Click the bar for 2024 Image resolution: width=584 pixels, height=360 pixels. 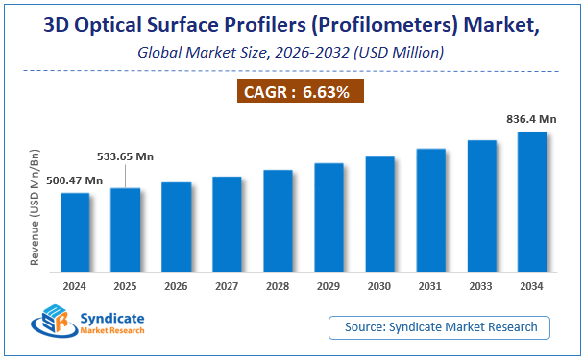pos(75,233)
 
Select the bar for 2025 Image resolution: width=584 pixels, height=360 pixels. pos(126,230)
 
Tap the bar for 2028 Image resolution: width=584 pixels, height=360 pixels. pos(278,222)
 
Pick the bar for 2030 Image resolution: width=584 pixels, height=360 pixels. pos(379,215)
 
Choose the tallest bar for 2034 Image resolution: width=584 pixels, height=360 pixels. pos(532,203)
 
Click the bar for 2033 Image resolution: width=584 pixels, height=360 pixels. pos(481,206)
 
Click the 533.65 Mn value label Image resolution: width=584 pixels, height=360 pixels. pos(126,156)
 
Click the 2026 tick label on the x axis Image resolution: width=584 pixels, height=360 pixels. pos(176,286)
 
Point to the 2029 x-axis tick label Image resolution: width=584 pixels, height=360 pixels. pos(328,286)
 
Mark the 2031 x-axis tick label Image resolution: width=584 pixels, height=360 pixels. pos(430,286)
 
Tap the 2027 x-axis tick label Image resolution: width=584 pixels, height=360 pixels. pos(227,286)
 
